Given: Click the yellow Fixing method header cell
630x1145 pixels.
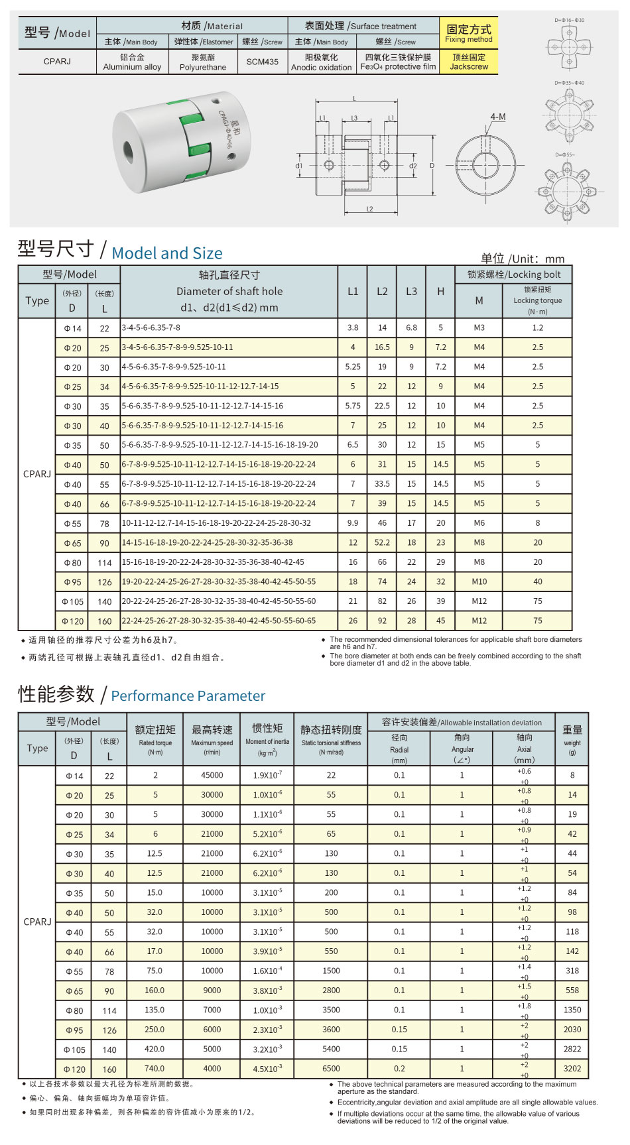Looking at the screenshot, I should click(x=468, y=33).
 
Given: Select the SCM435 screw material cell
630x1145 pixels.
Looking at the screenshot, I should click(x=262, y=62).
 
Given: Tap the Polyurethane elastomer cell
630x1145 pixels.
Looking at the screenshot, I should click(x=203, y=62).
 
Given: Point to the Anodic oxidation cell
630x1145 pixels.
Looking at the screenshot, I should click(x=321, y=62).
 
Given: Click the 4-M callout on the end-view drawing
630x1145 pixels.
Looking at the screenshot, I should click(x=497, y=117).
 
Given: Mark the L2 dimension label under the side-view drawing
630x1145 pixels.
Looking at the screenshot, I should click(x=369, y=210).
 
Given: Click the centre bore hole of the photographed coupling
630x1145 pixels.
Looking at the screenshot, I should click(x=129, y=152).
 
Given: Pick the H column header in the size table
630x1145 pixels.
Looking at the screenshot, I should click(x=440, y=291).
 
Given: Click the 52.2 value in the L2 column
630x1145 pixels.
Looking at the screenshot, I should click(x=382, y=542).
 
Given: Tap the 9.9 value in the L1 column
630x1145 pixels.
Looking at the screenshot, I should click(x=353, y=523).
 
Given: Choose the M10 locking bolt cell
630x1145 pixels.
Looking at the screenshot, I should click(x=479, y=581).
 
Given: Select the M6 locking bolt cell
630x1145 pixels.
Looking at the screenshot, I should click(x=479, y=523).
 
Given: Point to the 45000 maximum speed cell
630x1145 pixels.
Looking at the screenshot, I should click(x=212, y=775).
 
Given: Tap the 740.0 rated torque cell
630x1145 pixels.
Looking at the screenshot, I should click(x=155, y=1068).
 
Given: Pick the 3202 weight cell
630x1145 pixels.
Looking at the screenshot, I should click(x=572, y=1068).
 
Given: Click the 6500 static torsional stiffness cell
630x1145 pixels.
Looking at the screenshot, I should click(x=331, y=1068).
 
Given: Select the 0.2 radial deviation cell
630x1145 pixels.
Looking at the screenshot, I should click(x=399, y=1068).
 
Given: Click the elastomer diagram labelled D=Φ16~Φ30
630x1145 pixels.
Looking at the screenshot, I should click(x=569, y=45).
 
